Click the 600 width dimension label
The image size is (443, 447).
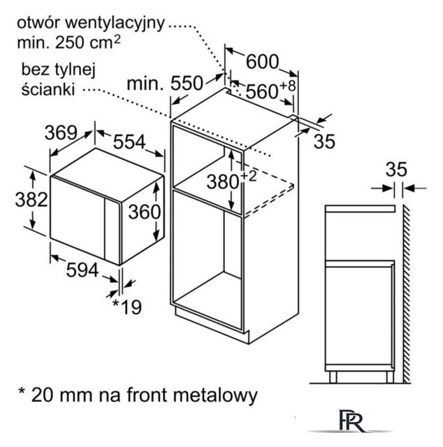point(262,61)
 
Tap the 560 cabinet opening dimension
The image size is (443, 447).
point(262,91)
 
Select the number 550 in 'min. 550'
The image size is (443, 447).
point(187,84)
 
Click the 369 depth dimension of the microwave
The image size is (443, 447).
point(61,133)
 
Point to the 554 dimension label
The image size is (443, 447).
point(129,141)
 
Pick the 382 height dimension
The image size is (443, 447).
point(31,199)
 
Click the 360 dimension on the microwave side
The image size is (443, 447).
point(145,212)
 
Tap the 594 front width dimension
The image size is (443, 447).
point(82,270)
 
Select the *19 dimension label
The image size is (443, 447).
point(127,307)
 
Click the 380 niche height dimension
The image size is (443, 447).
point(222,182)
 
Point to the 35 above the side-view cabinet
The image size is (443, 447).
point(396,169)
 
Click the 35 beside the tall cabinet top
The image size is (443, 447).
point(324,141)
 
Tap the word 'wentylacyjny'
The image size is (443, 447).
point(115,24)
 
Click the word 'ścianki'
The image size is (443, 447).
point(48,89)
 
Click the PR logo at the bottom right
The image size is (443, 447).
point(351,420)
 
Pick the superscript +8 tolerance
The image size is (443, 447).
point(288,86)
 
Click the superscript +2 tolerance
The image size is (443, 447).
point(249,176)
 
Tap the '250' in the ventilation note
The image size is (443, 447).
point(70,43)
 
